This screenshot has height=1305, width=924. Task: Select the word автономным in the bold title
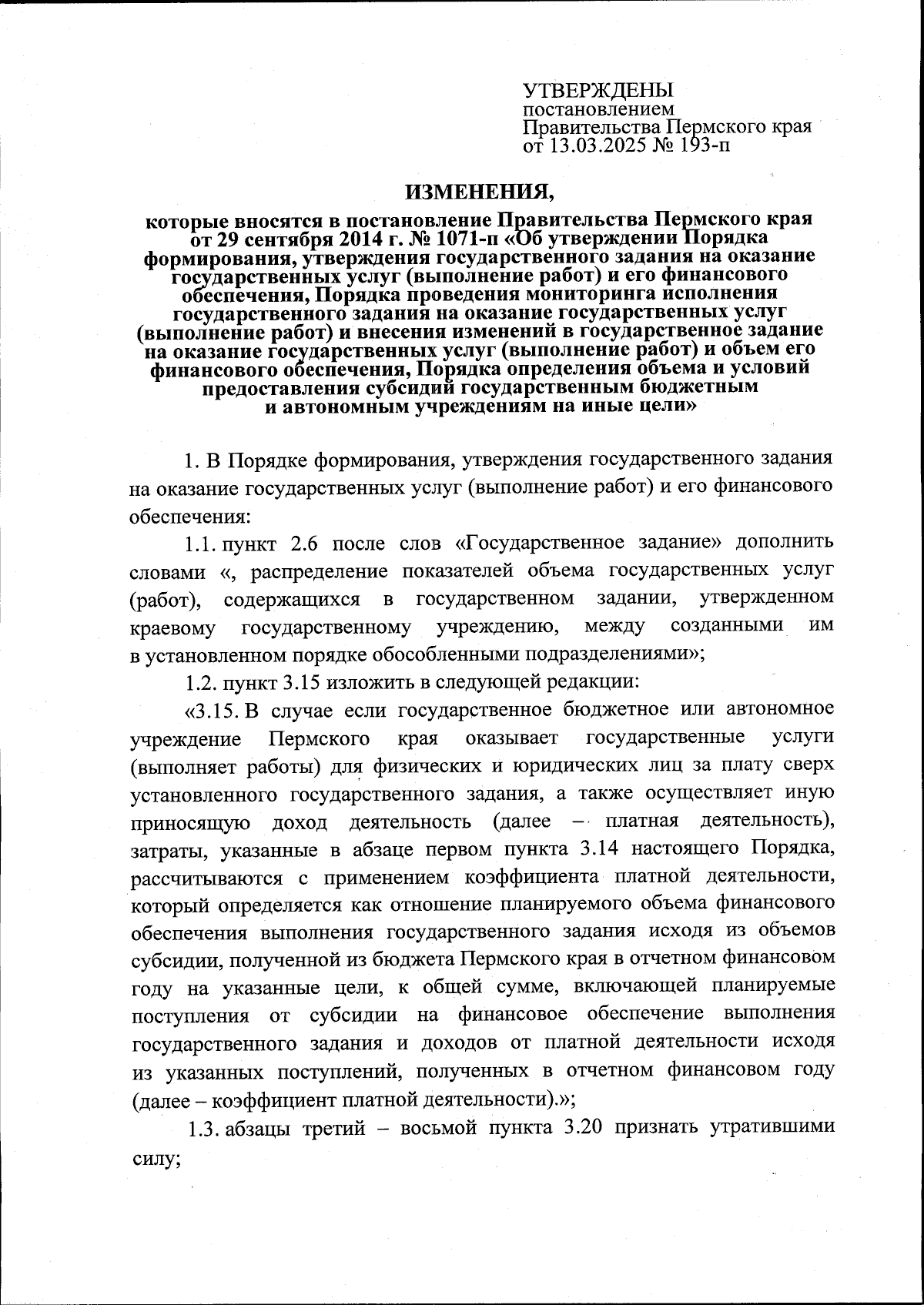click(337, 407)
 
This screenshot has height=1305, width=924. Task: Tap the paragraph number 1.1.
click(201, 544)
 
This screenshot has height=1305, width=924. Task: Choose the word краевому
click(172, 627)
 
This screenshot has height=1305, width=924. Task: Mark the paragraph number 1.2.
click(201, 682)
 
